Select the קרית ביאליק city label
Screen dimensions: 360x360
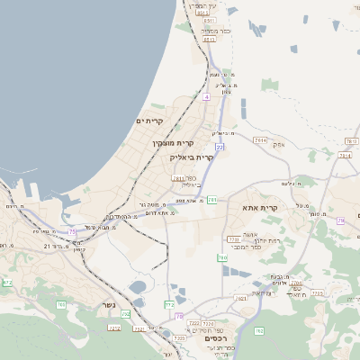[192, 157]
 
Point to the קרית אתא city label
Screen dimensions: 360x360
[261, 208]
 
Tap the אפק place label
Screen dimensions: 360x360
[278, 144]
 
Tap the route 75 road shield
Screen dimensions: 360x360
[73, 231]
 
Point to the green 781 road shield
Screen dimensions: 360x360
[211, 200]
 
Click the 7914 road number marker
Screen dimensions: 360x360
[260, 140]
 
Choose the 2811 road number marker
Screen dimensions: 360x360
[178, 178]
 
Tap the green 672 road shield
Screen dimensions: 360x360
[8, 282]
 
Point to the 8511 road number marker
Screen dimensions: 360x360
[209, 39]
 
